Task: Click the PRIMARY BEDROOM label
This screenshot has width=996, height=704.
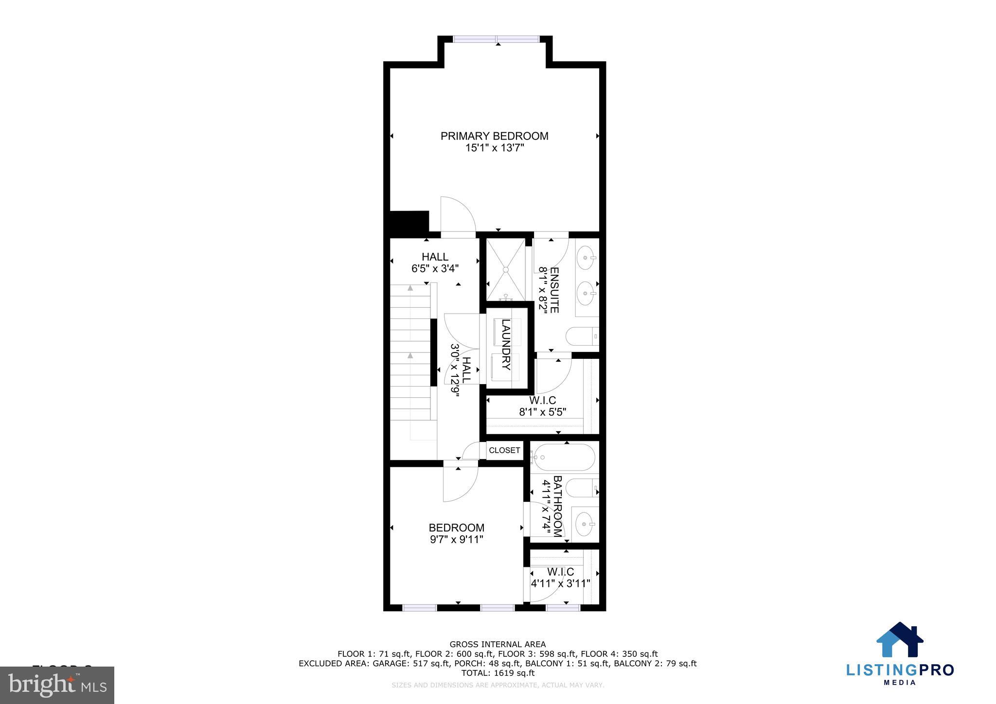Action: coord(494,136)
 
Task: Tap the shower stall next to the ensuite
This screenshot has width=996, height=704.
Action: coord(506,269)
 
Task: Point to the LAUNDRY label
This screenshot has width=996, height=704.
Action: coord(506,344)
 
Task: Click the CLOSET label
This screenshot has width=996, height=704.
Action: coord(504,450)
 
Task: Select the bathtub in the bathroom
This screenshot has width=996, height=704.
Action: coord(563,457)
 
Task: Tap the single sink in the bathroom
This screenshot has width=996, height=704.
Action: coord(584,524)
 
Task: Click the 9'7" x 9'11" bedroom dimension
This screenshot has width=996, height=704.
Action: coord(456,539)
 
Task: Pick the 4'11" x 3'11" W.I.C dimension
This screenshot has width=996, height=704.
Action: coord(560,583)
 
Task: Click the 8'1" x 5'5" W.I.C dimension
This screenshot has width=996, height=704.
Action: coord(542,412)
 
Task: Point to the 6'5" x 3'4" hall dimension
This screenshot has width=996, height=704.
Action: coord(435,268)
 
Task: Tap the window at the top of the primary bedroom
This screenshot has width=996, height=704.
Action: coord(496,39)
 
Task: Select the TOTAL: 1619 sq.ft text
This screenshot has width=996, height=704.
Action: coord(498,673)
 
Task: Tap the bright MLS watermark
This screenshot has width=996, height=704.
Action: coord(57,685)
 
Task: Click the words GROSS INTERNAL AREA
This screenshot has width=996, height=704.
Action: coord(498,645)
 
